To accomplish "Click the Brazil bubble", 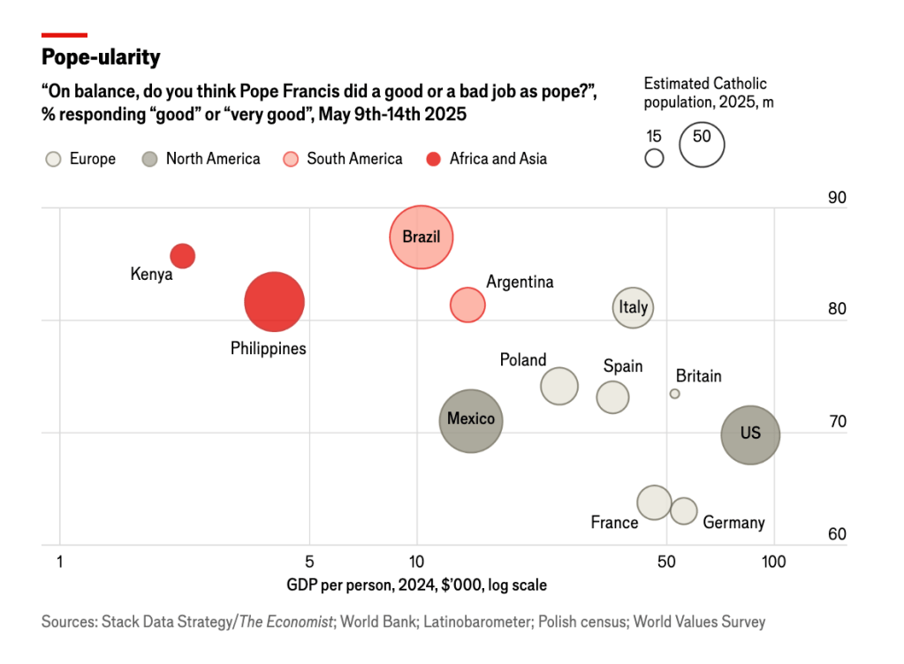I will pyautogui.click(x=422, y=237).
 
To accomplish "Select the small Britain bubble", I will pyautogui.click(x=674, y=394).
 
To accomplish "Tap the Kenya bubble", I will pyautogui.click(x=183, y=256).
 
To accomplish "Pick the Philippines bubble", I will pyautogui.click(x=275, y=302).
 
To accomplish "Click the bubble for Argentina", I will pyautogui.click(x=467, y=305).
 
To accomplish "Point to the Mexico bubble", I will pyautogui.click(x=471, y=420).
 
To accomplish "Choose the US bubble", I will pyautogui.click(x=750, y=434).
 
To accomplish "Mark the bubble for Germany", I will pyautogui.click(x=683, y=510).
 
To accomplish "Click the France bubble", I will pyautogui.click(x=654, y=502).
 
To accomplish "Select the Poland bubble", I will pyautogui.click(x=558, y=386).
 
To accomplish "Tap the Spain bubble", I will pyautogui.click(x=612, y=397).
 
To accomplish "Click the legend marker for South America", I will pyautogui.click(x=290, y=159).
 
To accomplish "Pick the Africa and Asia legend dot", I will pyautogui.click(x=433, y=159).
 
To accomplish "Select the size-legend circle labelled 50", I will pyautogui.click(x=702, y=143).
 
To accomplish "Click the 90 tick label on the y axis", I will pyautogui.click(x=836, y=197).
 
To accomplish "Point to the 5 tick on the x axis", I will pyautogui.click(x=309, y=561).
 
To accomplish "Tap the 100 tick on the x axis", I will pyautogui.click(x=774, y=561).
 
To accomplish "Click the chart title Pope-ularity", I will pyautogui.click(x=101, y=57).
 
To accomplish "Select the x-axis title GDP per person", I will pyautogui.click(x=416, y=585).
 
